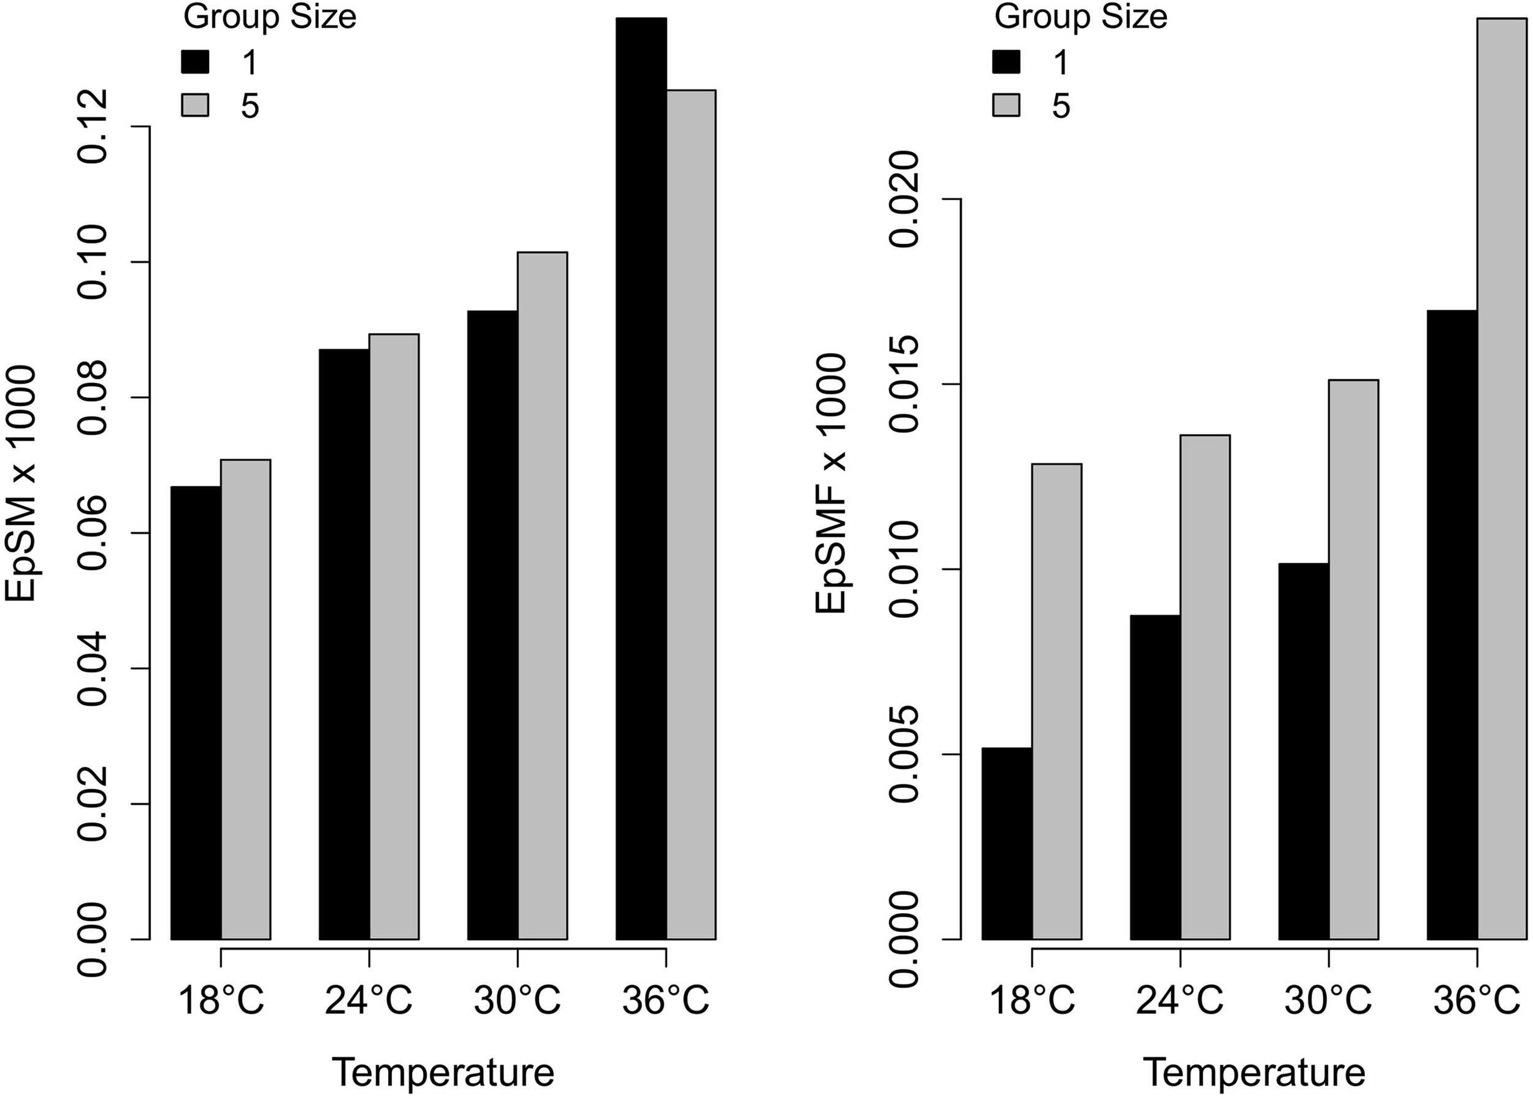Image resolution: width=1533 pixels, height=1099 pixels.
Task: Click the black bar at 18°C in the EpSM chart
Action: pos(196,713)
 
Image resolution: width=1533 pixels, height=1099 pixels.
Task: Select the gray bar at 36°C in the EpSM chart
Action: pos(691,514)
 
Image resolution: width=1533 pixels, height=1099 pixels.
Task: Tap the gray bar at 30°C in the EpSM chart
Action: pos(542,595)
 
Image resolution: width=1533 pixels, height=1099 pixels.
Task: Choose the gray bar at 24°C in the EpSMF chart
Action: pos(1204,686)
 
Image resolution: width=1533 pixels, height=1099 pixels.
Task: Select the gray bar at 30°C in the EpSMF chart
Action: pos(1353,659)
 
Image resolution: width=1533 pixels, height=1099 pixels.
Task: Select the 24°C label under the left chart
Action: pos(369,1001)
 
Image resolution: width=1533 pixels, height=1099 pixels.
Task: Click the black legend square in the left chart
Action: pos(196,63)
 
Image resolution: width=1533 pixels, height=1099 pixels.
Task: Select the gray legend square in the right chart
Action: pos(1006,106)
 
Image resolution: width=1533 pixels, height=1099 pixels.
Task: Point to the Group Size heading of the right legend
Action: pos(1080,18)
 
